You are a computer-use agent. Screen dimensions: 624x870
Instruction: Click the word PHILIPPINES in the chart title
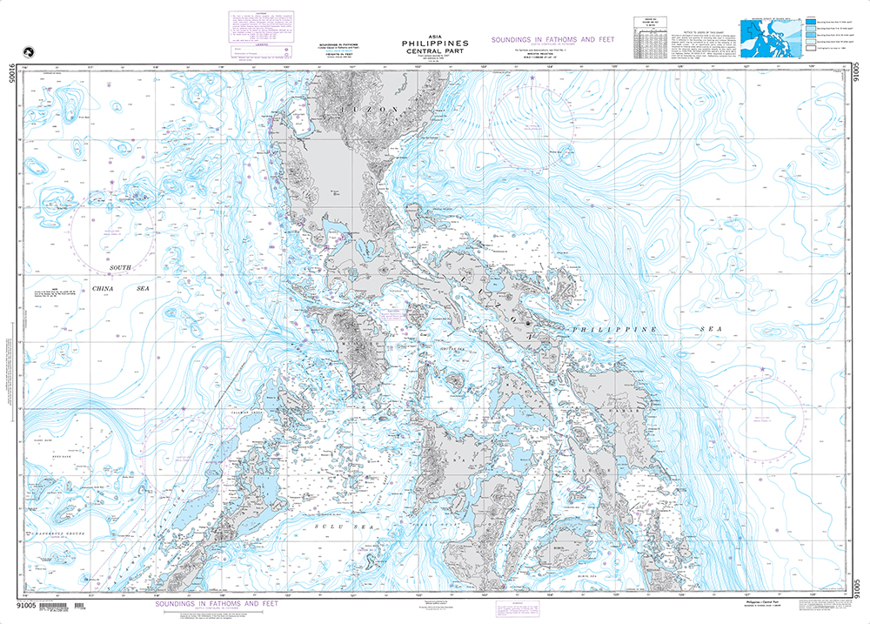pos(434,42)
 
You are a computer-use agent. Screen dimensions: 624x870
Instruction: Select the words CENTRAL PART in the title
pos(434,50)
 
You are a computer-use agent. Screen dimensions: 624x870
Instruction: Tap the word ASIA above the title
pos(434,35)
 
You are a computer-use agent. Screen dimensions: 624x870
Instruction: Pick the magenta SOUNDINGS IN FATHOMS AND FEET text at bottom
pos(217,603)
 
